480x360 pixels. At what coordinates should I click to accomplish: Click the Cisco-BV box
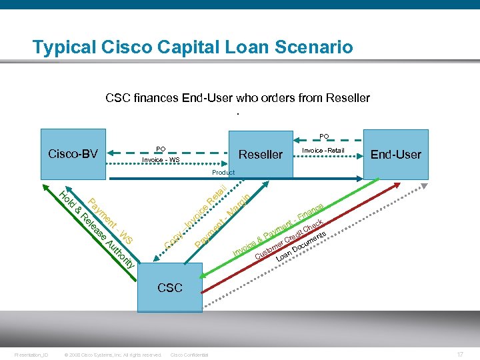[x=73, y=154]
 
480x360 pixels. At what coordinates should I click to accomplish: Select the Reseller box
[x=261, y=155]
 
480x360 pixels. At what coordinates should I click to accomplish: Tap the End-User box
[x=396, y=155]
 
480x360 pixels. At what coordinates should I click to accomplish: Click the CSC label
[x=170, y=287]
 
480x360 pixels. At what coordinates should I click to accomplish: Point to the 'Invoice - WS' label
[x=161, y=160]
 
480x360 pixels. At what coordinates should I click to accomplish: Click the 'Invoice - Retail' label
[x=323, y=151]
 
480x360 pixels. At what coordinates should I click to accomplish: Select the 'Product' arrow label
[x=223, y=172]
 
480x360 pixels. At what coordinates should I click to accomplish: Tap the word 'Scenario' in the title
[x=314, y=47]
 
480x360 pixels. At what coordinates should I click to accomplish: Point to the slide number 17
[x=460, y=354]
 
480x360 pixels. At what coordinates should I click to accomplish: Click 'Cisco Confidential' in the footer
[x=189, y=355]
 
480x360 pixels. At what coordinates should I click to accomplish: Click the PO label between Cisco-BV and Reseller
[x=161, y=149]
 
